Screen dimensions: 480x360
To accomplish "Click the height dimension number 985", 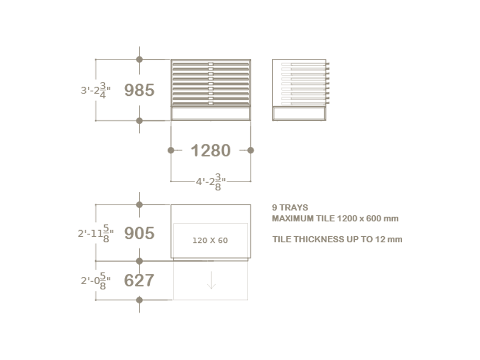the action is click(139, 90).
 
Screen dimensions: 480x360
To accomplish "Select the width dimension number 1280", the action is click(211, 151).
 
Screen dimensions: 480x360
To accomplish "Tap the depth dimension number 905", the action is click(139, 233).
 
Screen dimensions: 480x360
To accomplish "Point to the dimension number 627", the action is click(139, 281).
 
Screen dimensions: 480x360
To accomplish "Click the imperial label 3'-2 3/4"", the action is click(95, 90).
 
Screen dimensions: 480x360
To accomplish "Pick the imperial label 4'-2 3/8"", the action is click(211, 182).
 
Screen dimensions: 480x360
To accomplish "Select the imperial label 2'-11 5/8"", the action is click(95, 234).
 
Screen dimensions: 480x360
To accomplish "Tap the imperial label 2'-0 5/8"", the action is click(95, 281).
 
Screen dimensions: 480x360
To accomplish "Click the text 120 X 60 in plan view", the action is click(210, 240).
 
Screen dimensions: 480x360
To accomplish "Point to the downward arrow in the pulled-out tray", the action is click(211, 280).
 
